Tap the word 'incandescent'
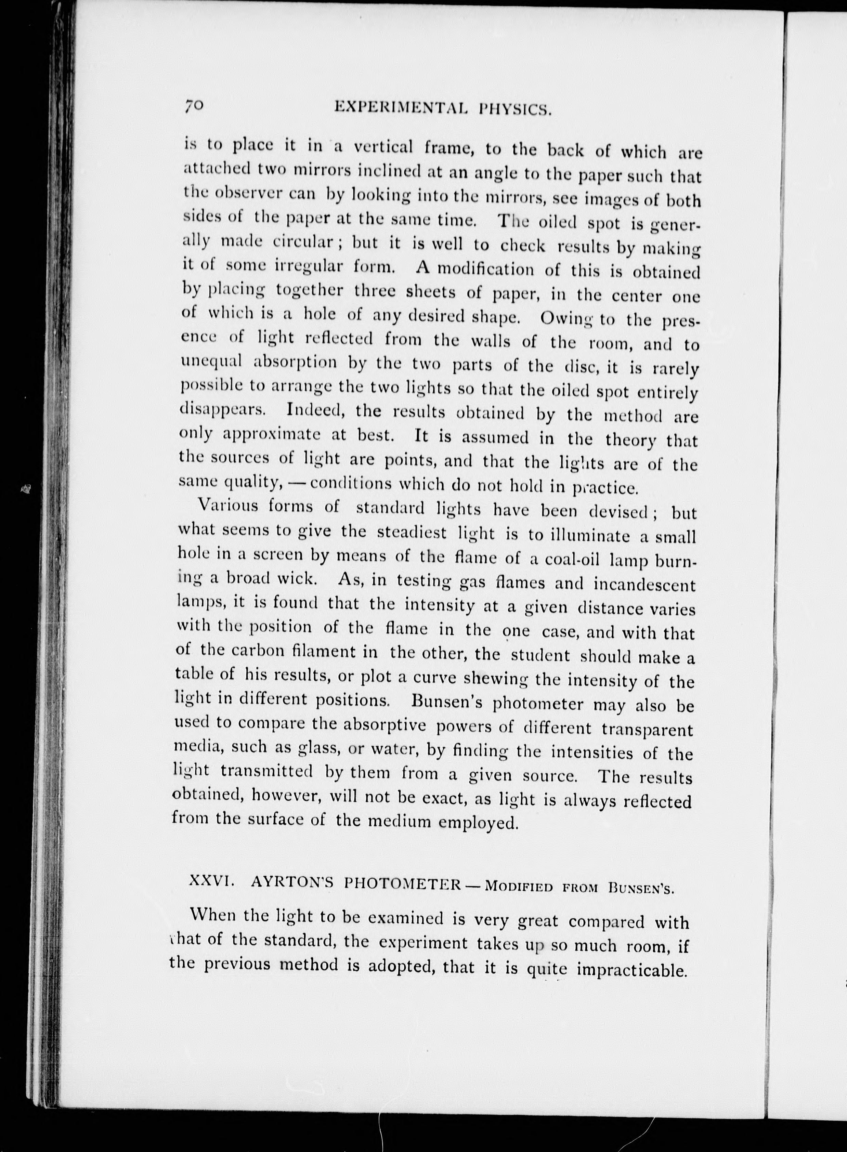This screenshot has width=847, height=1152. (644, 585)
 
